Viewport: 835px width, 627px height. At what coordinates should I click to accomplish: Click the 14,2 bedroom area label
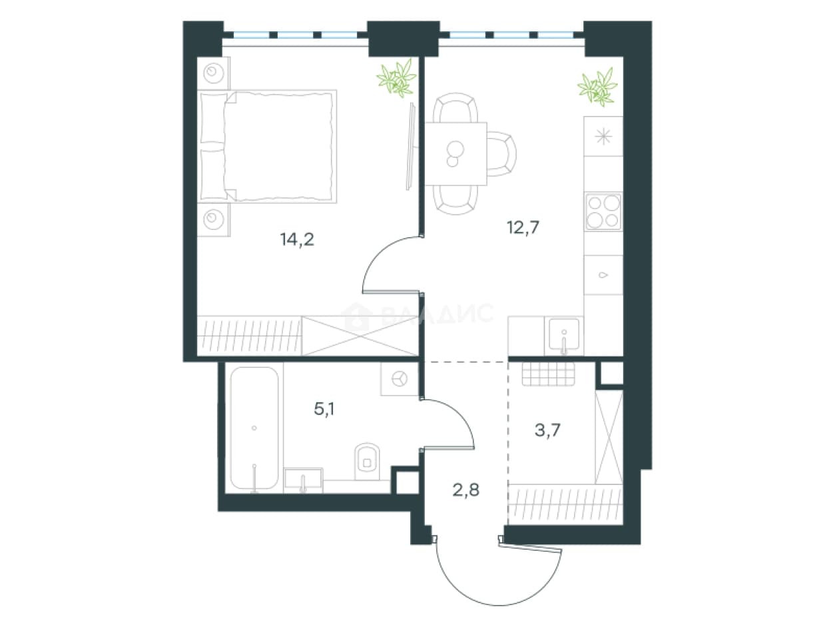point(297,240)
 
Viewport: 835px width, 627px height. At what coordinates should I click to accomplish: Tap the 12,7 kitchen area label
point(523,228)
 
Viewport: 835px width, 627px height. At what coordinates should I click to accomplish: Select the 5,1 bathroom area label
point(324,409)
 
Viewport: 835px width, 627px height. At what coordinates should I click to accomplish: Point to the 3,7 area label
point(547,430)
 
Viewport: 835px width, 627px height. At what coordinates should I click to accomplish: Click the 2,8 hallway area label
point(465,490)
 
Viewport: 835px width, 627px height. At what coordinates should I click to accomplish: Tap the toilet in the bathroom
point(367,461)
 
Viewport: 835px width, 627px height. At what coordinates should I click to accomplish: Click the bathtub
point(254,428)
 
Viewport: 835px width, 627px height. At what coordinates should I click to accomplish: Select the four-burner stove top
point(603,212)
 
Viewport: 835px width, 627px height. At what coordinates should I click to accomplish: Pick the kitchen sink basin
point(564,334)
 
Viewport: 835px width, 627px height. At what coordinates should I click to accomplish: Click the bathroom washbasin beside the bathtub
point(303,480)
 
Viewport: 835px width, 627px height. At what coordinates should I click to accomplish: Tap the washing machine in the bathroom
point(400,378)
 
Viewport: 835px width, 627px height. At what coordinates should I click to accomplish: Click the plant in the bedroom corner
point(396,78)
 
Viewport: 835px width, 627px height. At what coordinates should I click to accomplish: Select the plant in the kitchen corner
point(597,87)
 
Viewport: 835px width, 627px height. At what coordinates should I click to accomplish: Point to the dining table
point(455,154)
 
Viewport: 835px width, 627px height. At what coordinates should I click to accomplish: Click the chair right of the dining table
point(501,154)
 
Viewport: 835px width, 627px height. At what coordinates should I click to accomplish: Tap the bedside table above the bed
point(213,73)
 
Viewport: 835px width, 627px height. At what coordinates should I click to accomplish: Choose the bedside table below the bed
point(213,220)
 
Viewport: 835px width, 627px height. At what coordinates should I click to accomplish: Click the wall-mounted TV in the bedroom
point(410,146)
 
